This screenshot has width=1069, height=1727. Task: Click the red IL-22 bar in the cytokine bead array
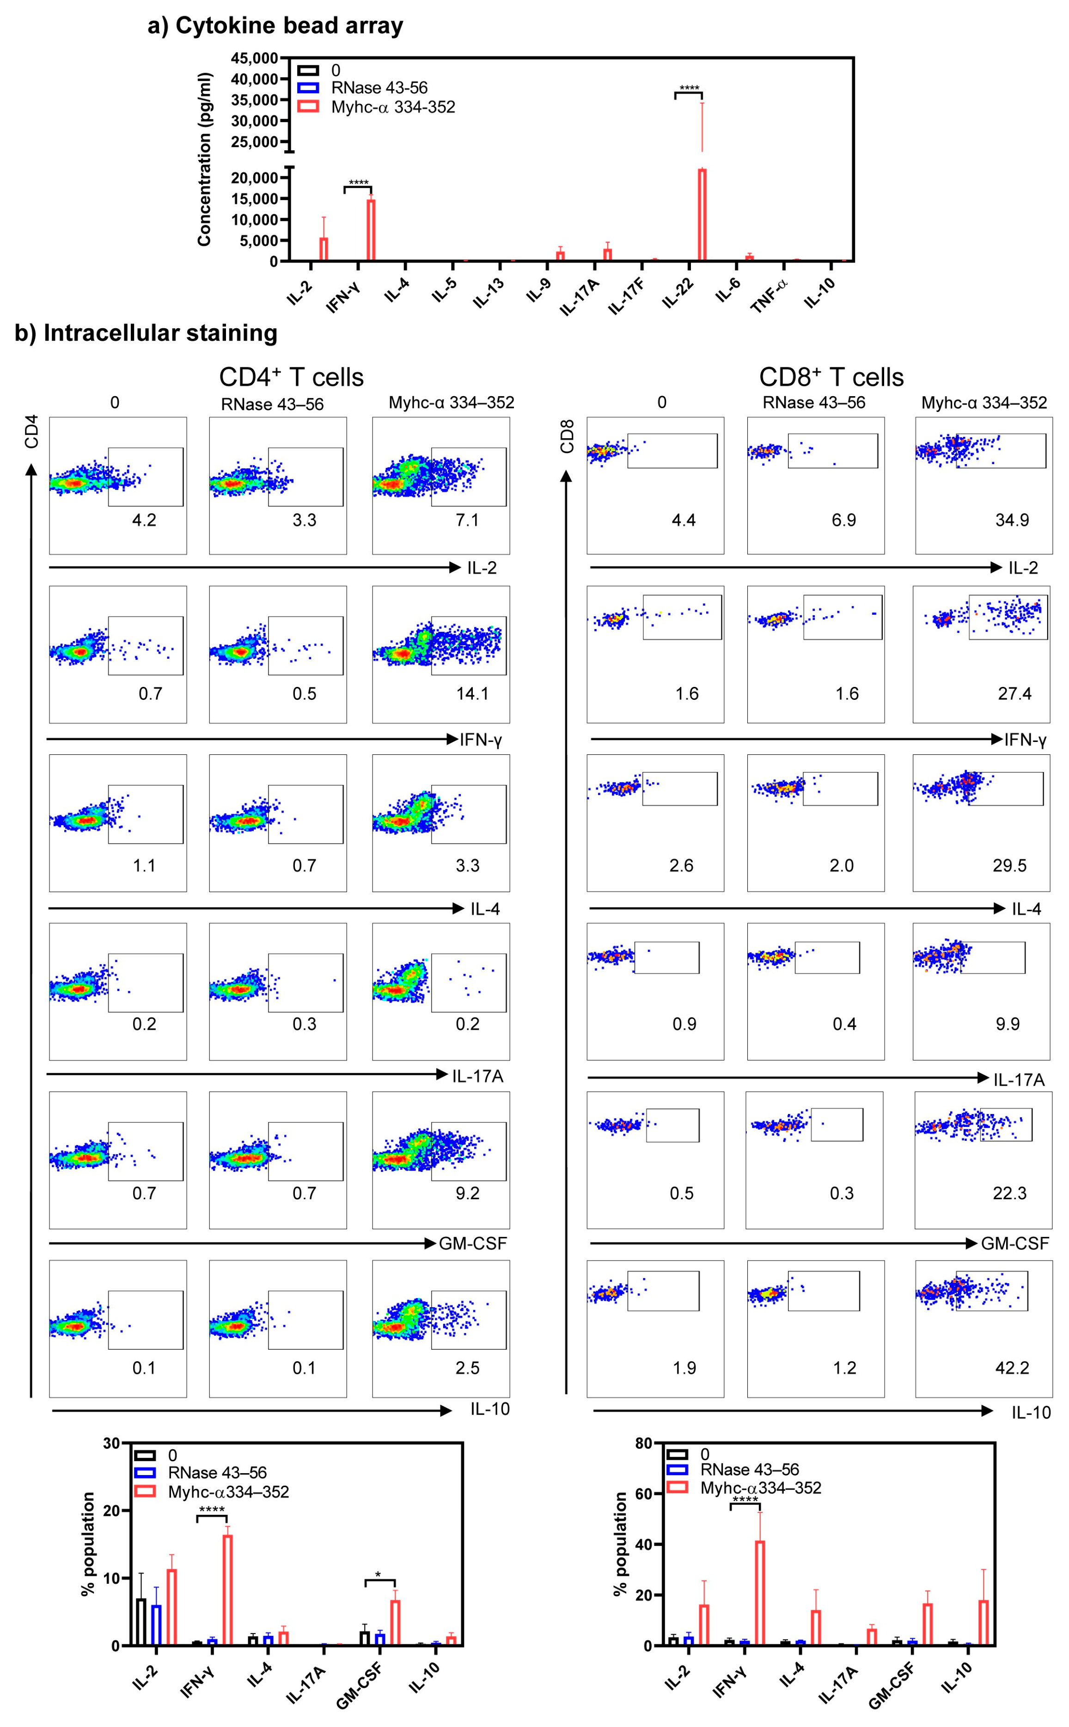click(x=702, y=215)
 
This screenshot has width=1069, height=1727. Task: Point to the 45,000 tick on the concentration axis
click(x=255, y=58)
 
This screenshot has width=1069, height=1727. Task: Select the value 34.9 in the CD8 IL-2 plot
click(x=1011, y=521)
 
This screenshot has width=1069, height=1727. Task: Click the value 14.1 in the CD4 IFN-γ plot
click(x=471, y=693)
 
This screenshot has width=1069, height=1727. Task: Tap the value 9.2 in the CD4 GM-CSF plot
click(x=467, y=1193)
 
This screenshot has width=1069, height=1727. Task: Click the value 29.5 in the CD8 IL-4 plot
click(x=1009, y=866)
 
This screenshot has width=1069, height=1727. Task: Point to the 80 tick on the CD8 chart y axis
click(x=643, y=1444)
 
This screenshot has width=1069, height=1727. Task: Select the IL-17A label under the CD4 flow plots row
click(x=477, y=1077)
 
